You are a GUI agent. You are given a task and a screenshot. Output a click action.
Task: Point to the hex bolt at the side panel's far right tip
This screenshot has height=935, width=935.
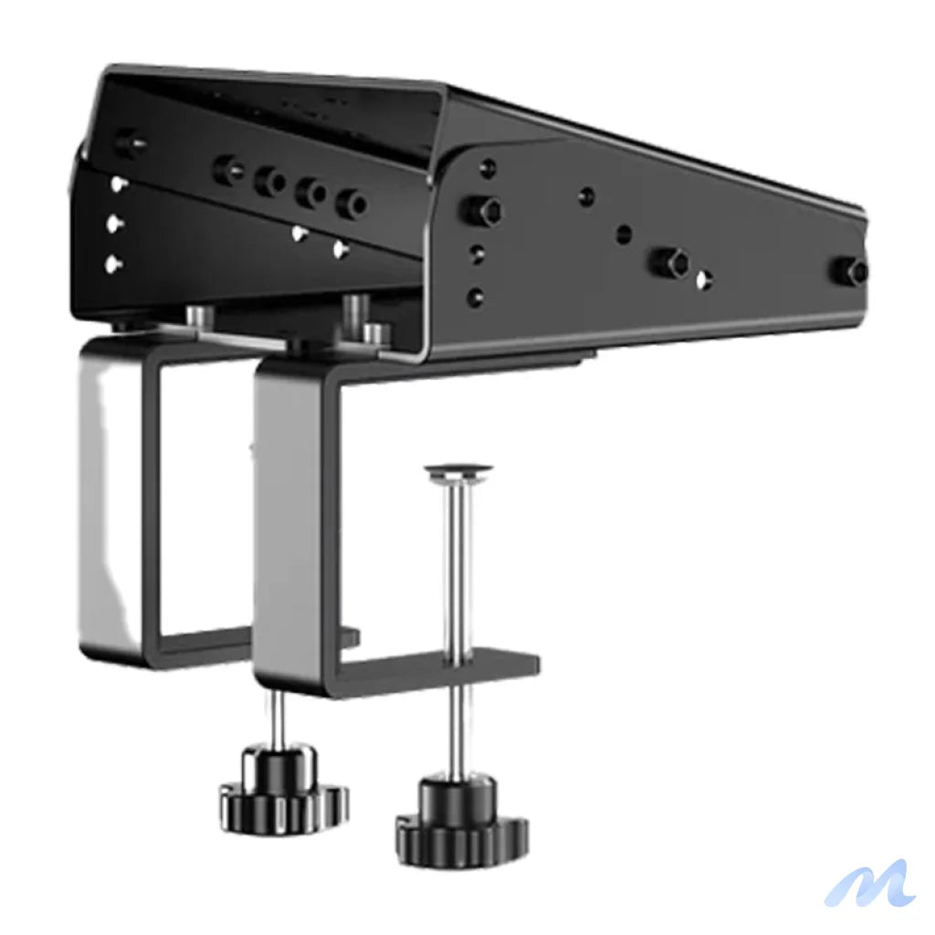(x=856, y=269)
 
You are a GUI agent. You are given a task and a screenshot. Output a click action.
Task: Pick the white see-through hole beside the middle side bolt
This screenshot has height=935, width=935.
(x=703, y=280)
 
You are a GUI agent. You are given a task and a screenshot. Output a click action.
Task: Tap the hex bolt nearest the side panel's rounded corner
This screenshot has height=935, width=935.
(x=481, y=211)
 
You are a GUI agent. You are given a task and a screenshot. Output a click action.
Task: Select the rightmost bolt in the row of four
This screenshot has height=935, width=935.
(x=351, y=203)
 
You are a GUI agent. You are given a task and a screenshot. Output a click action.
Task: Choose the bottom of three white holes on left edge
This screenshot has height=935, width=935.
(x=113, y=265)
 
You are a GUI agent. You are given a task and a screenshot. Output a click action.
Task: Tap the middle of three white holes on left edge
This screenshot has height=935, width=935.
(x=115, y=223)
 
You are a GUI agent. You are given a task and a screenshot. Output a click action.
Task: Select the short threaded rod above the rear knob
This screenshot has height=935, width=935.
(x=278, y=718)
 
